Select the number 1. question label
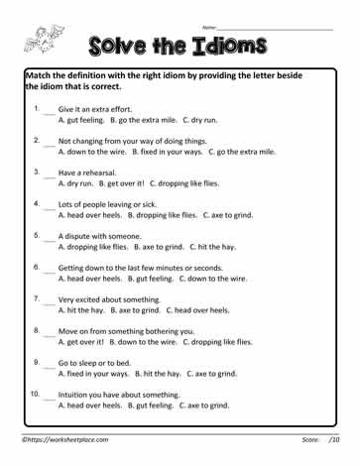(36, 107)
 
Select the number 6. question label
(36, 267)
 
